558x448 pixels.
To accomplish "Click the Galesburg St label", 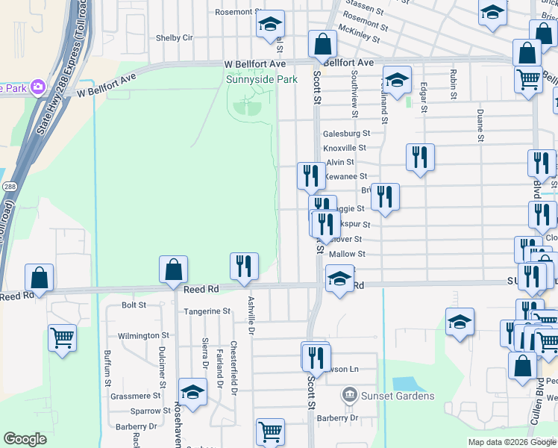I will pos(346,134).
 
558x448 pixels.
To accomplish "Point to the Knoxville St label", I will pos(345,148).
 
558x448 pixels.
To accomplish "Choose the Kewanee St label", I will pos(347,176).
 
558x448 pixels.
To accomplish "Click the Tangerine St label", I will pos(207,311).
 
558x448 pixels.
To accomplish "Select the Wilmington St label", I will pos(144,336).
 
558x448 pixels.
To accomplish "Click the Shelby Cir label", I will pos(174,37).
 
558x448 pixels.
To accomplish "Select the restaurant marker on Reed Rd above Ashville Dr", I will pos(244,267).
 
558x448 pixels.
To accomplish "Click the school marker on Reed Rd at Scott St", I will pos(339,279).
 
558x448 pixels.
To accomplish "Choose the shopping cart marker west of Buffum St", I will pos(62,337).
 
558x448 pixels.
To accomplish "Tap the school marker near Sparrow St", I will pos(192,393).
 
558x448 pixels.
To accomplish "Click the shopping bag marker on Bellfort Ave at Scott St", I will pos(322,46).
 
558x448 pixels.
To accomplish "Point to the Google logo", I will pos(25,440).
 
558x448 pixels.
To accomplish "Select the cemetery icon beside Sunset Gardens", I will pos(348,393).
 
